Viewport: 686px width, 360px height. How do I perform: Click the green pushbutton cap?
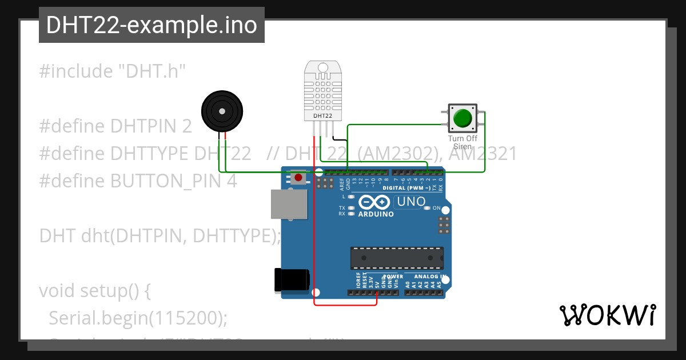click(x=462, y=118)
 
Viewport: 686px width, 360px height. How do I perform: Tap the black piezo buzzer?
click(x=222, y=111)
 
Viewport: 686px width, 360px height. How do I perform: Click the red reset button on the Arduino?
click(x=298, y=178)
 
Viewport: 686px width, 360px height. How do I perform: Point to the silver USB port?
click(x=289, y=204)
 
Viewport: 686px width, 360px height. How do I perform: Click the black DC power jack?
click(x=292, y=281)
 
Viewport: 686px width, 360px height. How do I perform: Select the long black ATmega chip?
click(x=397, y=258)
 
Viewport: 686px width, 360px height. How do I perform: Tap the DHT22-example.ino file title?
click(x=151, y=25)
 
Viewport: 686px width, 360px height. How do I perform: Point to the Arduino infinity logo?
click(x=375, y=202)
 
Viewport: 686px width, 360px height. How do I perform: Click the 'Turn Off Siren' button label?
click(x=462, y=142)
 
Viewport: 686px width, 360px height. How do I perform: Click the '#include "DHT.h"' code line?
click(x=113, y=71)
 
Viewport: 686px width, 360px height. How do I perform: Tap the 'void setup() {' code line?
click(x=94, y=290)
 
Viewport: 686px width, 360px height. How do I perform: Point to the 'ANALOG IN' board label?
click(x=430, y=277)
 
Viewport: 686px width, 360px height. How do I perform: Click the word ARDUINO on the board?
click(x=376, y=214)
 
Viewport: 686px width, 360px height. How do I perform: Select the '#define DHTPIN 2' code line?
click(x=115, y=126)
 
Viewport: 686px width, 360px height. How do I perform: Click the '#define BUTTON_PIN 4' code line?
click(x=137, y=181)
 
